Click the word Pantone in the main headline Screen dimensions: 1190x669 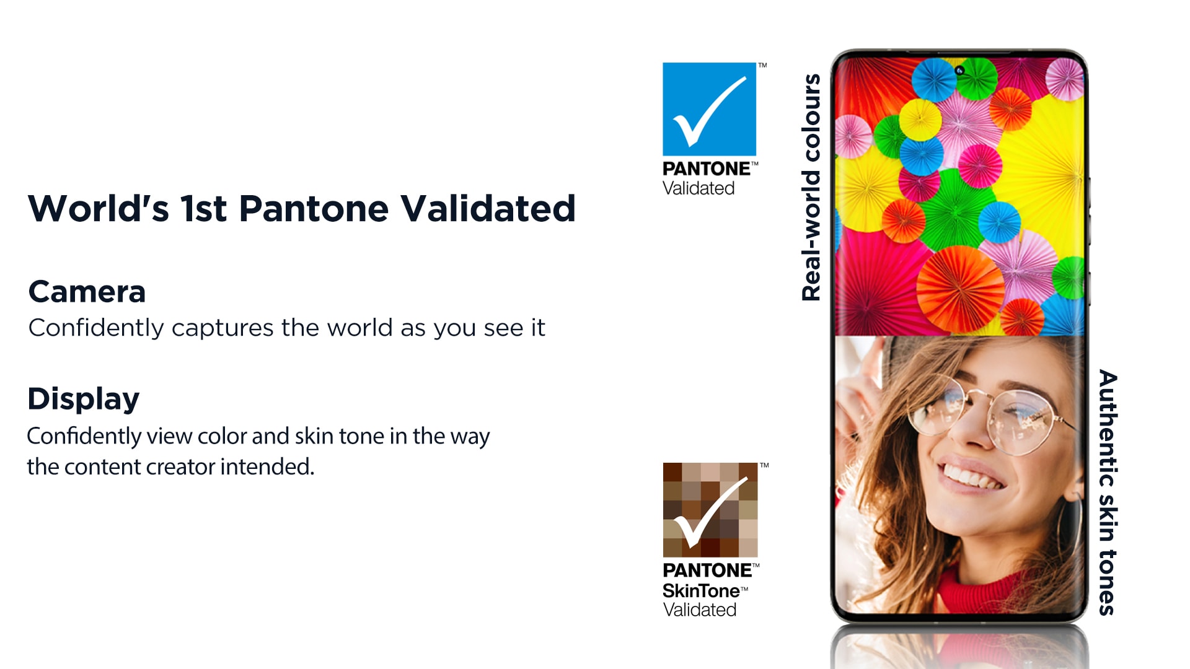(314, 209)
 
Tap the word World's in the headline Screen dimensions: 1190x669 (99, 208)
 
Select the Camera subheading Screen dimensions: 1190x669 (87, 291)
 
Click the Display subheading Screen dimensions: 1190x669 (84, 399)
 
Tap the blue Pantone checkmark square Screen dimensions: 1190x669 (709, 109)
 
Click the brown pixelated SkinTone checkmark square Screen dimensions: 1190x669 (710, 510)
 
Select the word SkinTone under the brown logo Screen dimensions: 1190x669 (701, 591)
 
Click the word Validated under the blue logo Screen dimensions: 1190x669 (699, 188)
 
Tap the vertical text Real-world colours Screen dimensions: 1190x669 (811, 188)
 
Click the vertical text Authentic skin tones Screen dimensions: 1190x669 (1108, 492)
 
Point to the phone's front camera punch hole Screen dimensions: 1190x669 (959, 71)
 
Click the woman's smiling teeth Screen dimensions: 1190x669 (971, 477)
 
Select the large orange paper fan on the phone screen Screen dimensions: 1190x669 (960, 289)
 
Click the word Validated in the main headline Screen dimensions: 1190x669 (488, 209)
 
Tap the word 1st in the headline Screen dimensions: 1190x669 (204, 209)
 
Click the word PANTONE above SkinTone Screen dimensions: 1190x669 (708, 570)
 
